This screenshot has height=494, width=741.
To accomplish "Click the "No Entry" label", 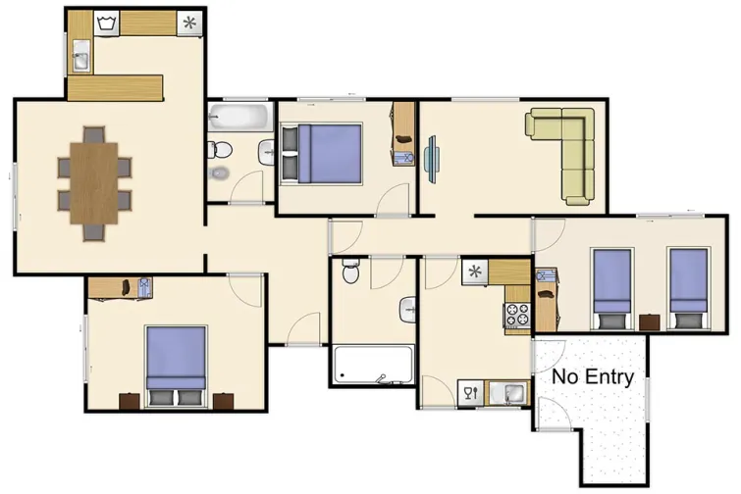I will click(593, 376).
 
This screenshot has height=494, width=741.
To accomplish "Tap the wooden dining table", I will click(93, 183).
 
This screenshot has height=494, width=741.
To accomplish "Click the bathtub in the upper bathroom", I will click(239, 119).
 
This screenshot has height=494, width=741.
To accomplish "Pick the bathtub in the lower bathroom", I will click(373, 365).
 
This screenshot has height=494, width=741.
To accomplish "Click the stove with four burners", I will click(516, 316).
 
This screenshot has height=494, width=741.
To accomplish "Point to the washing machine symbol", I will click(106, 22).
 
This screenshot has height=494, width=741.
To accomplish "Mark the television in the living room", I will click(432, 156).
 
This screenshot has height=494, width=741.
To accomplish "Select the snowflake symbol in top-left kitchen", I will click(189, 23).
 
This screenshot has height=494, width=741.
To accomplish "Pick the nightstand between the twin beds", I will click(649, 321).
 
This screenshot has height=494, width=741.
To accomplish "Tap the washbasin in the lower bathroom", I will click(409, 309).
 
